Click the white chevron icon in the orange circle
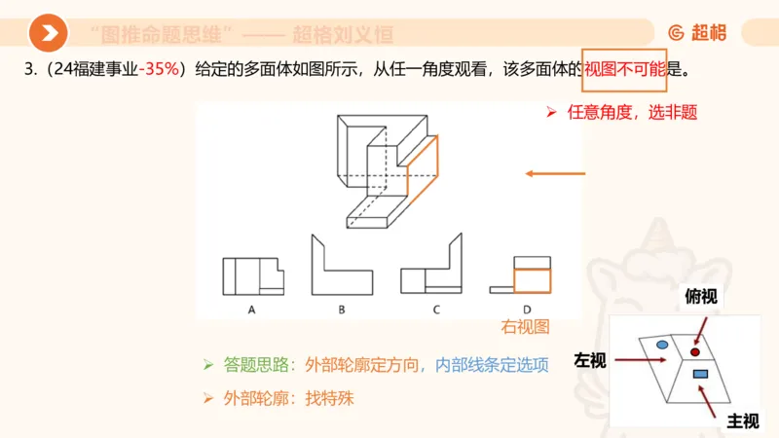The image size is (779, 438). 49,34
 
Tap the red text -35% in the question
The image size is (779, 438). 160,70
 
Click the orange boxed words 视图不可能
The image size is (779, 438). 624,70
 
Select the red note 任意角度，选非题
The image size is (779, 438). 631,112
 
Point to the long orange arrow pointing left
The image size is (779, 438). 555,174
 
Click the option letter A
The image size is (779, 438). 251,310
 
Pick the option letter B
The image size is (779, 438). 342,310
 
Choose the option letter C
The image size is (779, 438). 436,310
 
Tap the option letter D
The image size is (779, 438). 526,310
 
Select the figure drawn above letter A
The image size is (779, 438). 252,276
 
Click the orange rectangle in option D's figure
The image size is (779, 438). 532,279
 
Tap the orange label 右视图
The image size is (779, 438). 525,327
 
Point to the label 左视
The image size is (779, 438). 590,360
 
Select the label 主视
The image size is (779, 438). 742,420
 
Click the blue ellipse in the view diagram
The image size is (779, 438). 661,345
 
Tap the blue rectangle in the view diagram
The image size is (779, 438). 699,374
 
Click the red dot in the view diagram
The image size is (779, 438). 695,350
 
